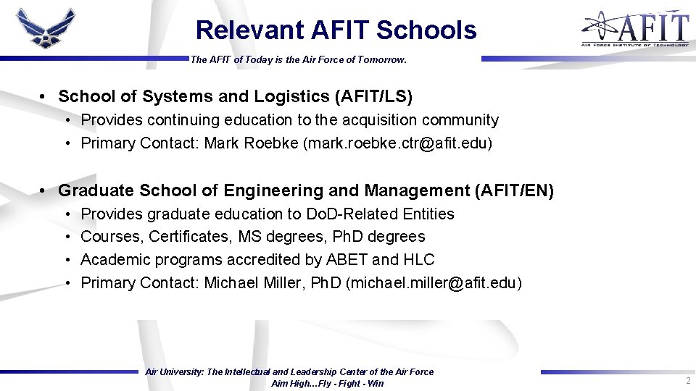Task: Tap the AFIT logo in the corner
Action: (634, 29)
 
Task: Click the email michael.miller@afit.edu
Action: (434, 283)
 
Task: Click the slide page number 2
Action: (687, 381)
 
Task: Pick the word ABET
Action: (346, 260)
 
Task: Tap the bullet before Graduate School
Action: (43, 190)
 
